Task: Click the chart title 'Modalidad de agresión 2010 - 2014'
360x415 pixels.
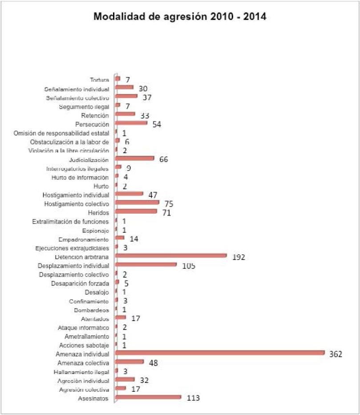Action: pos(180,17)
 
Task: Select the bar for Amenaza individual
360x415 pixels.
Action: pos(220,353)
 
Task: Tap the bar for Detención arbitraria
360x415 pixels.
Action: pos(171,256)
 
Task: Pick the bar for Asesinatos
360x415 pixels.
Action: pos(148,397)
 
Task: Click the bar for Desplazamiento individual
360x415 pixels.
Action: pos(146,264)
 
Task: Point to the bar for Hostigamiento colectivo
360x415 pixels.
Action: pos(137,203)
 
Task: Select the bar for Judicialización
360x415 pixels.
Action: pos(135,158)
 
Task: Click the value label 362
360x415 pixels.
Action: pos(336,354)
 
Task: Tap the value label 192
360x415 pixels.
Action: pos(239,257)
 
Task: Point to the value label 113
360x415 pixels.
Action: pos(193,399)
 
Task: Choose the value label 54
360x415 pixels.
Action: pos(156,124)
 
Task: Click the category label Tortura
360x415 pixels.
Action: pos(99,80)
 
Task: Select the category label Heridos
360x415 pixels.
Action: pos(98,213)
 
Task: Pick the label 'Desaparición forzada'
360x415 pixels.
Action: pos(80,283)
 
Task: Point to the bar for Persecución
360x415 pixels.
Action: pos(131,122)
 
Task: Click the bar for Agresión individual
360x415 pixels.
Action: pos(125,379)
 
